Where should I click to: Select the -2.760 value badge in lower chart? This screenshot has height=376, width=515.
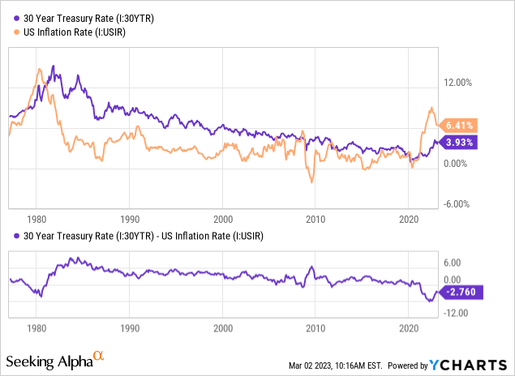click(x=463, y=292)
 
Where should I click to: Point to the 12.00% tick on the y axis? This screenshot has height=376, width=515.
click(x=457, y=83)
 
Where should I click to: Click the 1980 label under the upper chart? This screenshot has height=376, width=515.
click(x=36, y=219)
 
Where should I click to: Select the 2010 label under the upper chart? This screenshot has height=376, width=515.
click(x=315, y=219)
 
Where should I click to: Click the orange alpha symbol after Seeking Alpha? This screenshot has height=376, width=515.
click(x=98, y=355)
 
